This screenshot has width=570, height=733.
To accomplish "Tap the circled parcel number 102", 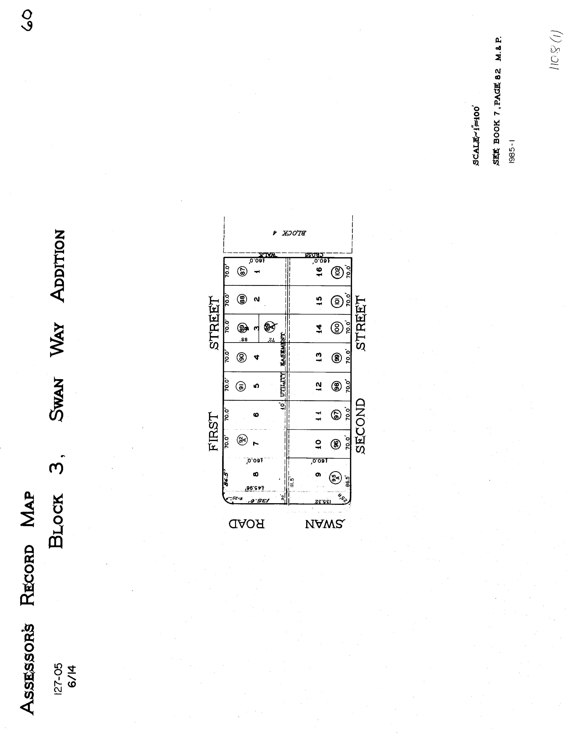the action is click(337, 271).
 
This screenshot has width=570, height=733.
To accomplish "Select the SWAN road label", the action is click(325, 524).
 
